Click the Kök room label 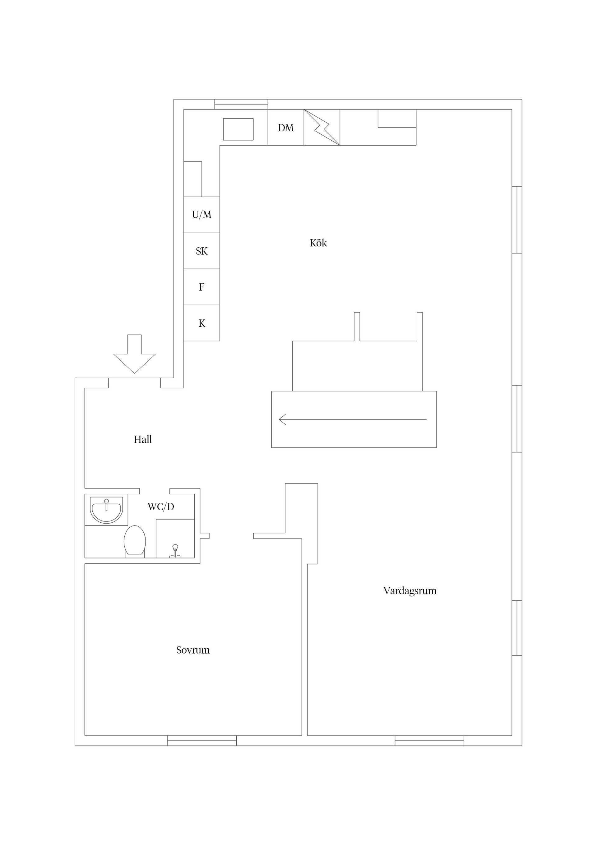318,243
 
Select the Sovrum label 193,650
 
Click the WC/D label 161,507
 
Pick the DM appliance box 286,127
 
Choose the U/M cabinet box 201,215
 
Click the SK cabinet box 201,251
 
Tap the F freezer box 201,287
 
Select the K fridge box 201,323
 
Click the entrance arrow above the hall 135,354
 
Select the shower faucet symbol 175,551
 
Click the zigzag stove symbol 322,127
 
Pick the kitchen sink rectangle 238,129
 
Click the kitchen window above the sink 241,104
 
